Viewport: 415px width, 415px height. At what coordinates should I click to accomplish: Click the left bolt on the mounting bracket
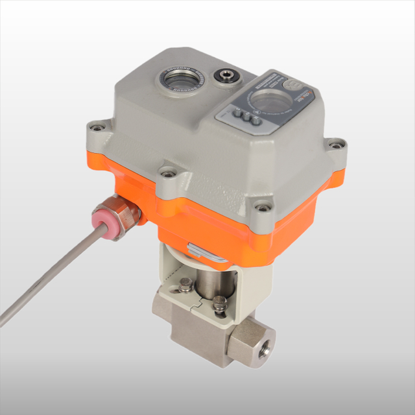[186, 283]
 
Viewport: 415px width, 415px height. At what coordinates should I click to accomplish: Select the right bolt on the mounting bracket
[221, 302]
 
